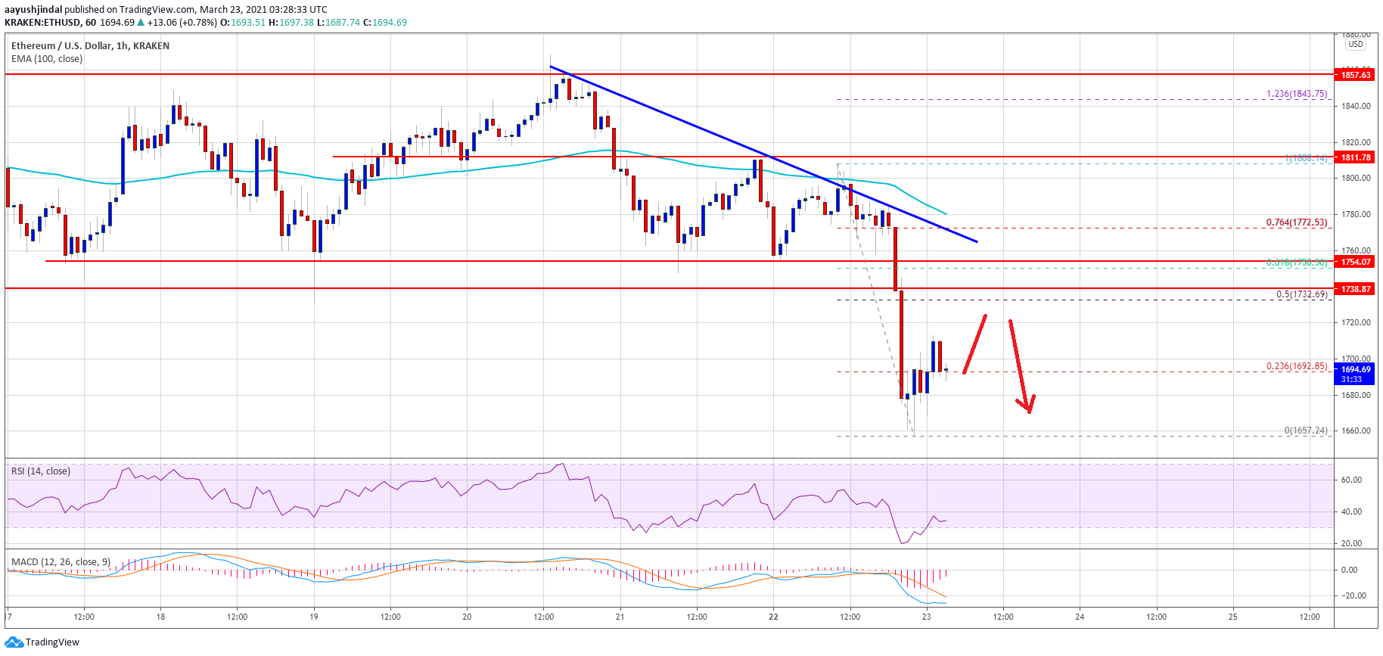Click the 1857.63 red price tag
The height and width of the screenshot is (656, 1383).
click(1355, 75)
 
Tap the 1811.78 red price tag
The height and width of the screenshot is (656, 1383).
click(1355, 157)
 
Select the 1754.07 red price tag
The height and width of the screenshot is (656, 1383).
click(1355, 262)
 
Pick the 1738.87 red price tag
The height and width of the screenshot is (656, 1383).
click(1355, 289)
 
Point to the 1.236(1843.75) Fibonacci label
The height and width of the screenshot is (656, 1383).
click(1296, 94)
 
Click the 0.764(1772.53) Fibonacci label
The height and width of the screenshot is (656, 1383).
click(1296, 222)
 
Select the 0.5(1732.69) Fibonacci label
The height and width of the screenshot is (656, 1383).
click(1301, 294)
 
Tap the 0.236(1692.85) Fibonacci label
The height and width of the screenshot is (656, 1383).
click(1296, 366)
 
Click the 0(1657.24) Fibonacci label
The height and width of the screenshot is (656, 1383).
click(1305, 431)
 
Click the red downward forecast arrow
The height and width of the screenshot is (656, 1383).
click(1021, 366)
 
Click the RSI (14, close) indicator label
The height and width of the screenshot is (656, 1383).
click(40, 471)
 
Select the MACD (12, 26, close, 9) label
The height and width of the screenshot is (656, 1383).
click(61, 562)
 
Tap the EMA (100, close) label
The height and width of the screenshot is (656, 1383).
click(46, 59)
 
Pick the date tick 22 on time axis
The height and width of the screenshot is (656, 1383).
click(773, 617)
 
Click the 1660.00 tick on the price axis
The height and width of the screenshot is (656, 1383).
click(1356, 431)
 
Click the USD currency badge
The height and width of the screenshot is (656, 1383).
click(1355, 44)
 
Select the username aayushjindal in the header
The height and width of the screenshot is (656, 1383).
click(33, 10)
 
